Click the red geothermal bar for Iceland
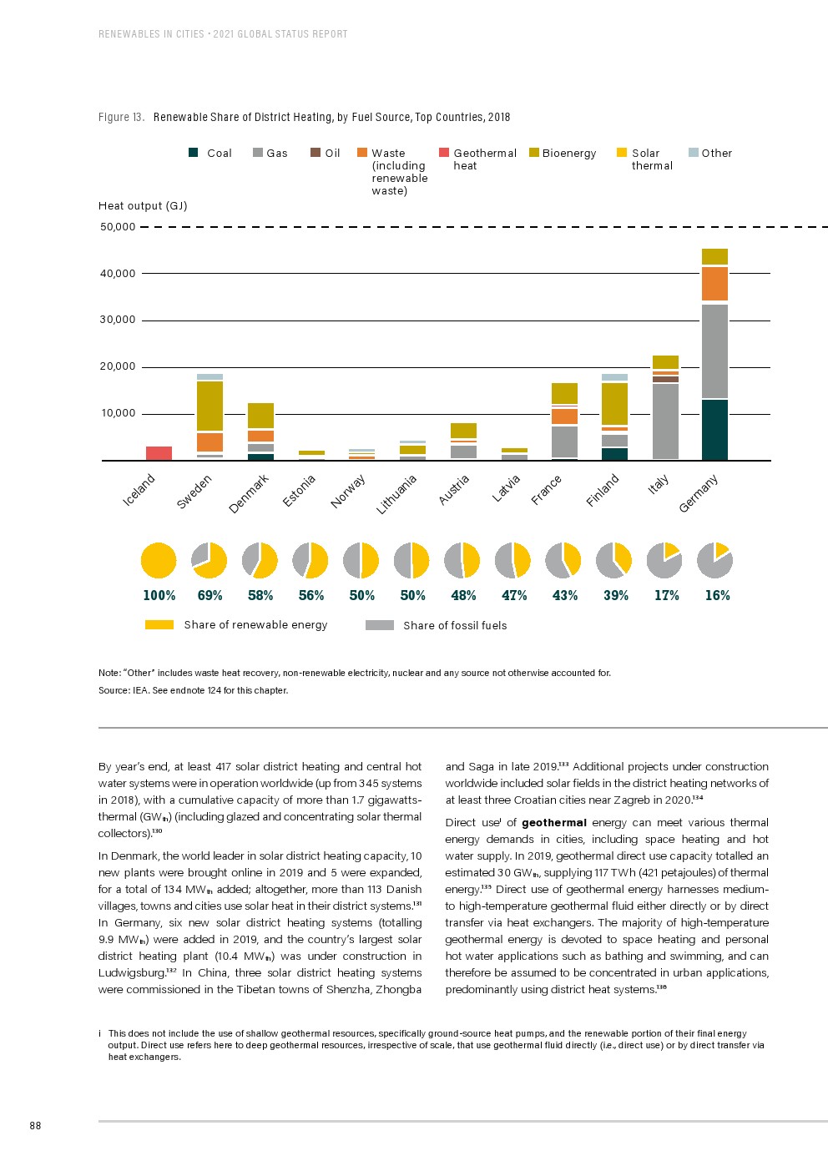pyautogui.click(x=159, y=453)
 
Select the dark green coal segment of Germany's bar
pyautogui.click(x=714, y=430)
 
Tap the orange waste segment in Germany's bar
pyautogui.click(x=714, y=284)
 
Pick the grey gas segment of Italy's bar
pyautogui.click(x=664, y=421)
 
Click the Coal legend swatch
pyautogui.click(x=194, y=153)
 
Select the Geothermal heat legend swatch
pyautogui.click(x=444, y=153)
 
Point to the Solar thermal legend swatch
pyautogui.click(x=622, y=153)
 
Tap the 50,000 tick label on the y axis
pyautogui.click(x=118, y=227)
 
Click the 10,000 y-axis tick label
pyautogui.click(x=118, y=413)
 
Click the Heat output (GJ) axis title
pyautogui.click(x=143, y=206)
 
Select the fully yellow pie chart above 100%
pyautogui.click(x=159, y=560)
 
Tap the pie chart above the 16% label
pyautogui.click(x=714, y=560)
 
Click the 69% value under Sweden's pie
pyautogui.click(x=210, y=595)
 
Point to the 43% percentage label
pyautogui.click(x=565, y=595)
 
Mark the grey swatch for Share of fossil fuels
pyautogui.click(x=380, y=625)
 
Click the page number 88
pyautogui.click(x=35, y=1126)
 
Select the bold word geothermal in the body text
pyautogui.click(x=554, y=823)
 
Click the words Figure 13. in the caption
pyautogui.click(x=121, y=118)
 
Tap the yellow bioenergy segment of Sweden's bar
pyautogui.click(x=210, y=406)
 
